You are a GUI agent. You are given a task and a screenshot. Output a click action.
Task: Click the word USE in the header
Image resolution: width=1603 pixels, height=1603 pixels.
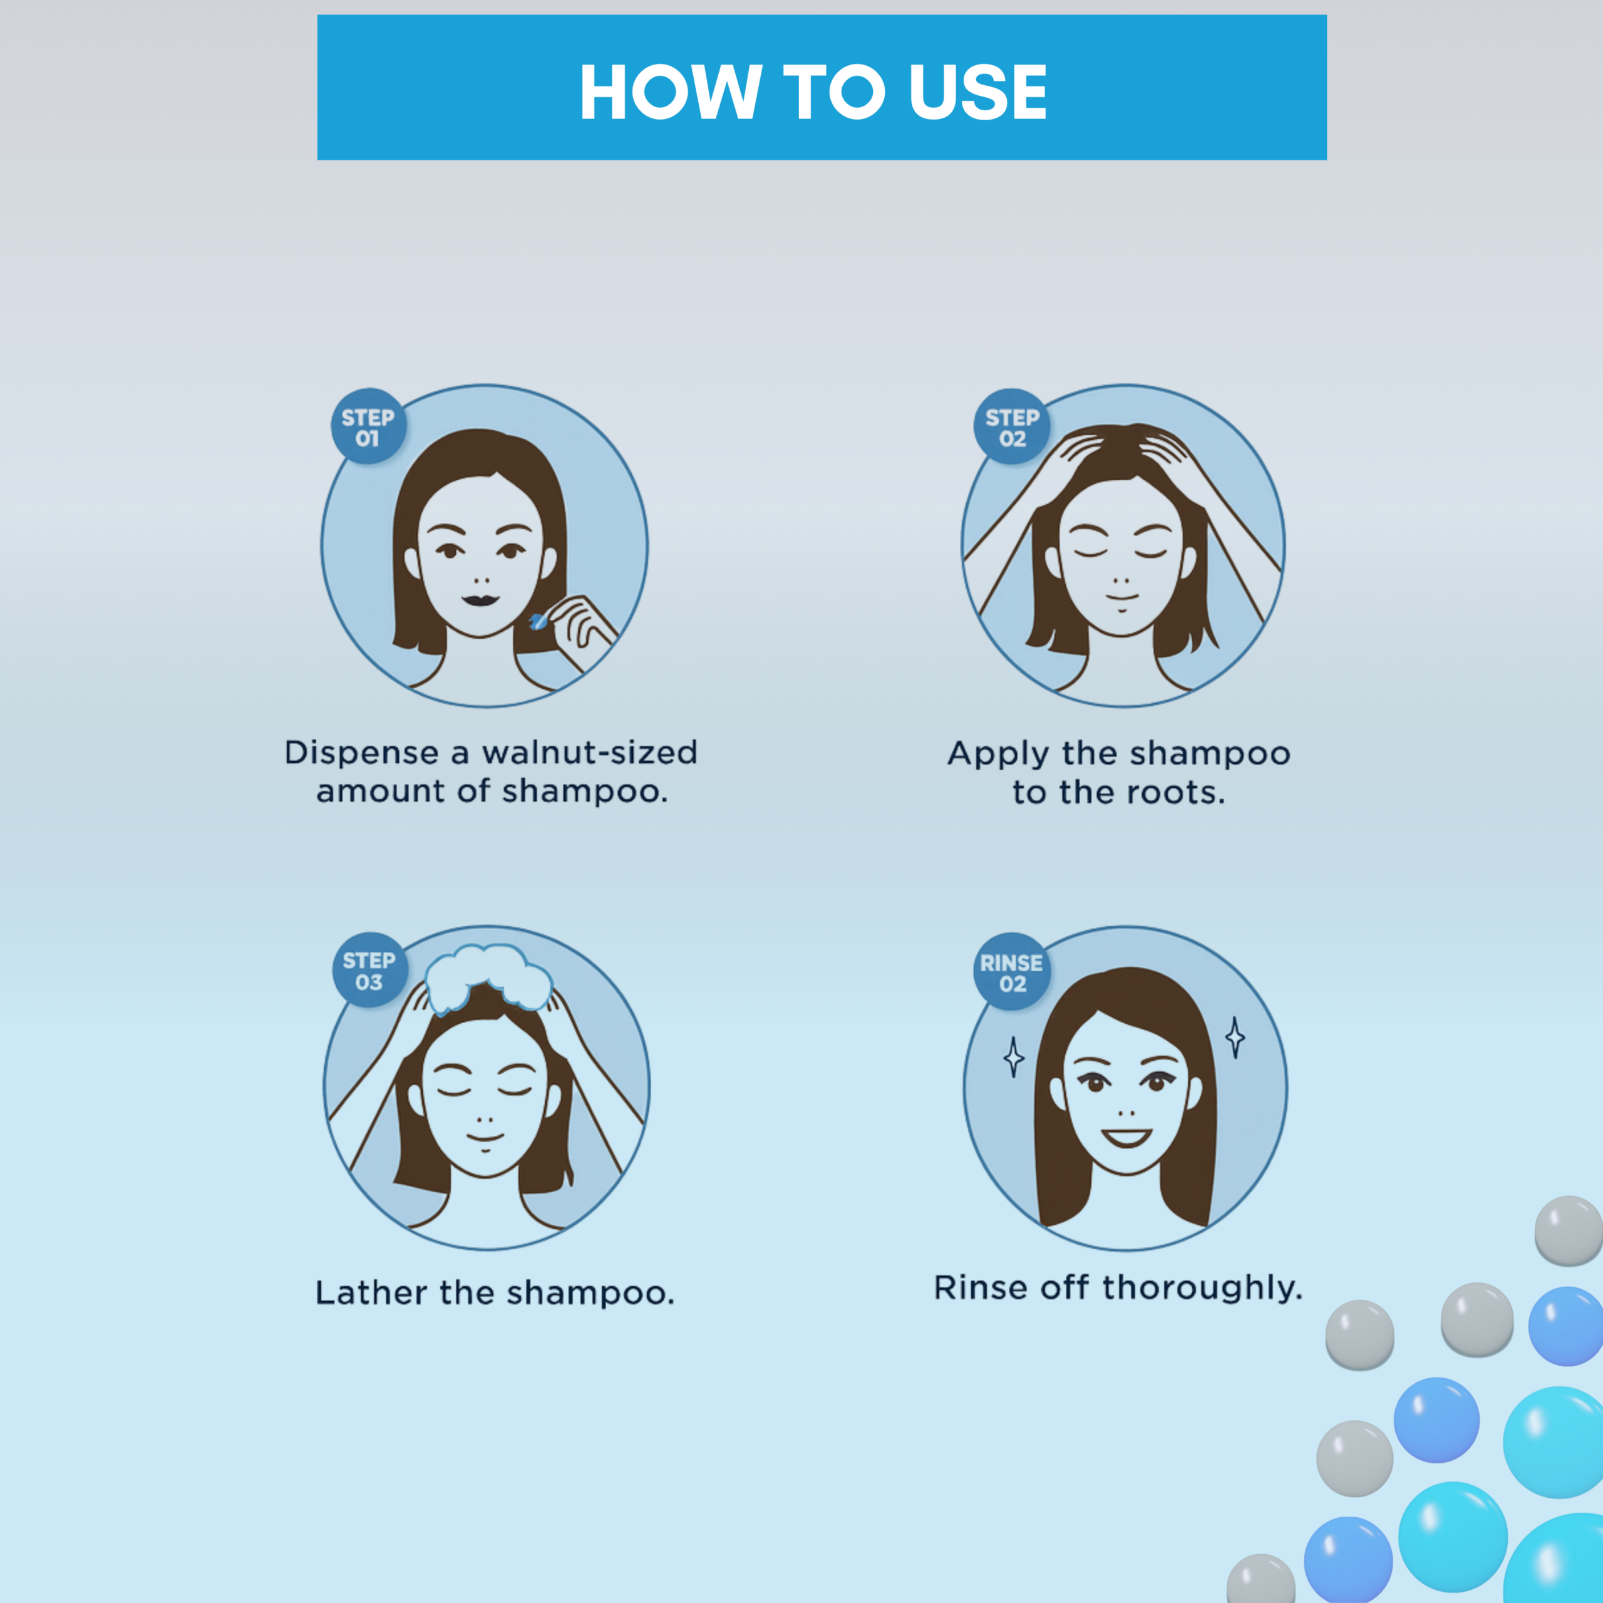977,92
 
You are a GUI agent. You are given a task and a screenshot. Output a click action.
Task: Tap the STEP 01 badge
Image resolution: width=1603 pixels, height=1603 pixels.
368,427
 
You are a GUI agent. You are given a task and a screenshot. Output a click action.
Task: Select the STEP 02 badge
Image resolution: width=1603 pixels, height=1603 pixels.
1011,427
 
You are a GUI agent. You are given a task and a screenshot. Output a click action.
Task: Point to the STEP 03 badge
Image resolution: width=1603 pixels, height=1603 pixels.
369,971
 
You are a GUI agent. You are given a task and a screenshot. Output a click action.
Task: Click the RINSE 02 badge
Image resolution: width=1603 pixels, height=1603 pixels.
1011,972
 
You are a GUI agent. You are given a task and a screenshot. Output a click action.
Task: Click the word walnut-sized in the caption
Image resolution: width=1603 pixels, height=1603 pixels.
590,753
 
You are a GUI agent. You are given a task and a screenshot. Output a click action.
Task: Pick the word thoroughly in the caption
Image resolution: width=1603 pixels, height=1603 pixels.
1202,1287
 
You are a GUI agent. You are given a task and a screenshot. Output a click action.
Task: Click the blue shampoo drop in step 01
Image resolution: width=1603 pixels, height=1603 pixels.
539,621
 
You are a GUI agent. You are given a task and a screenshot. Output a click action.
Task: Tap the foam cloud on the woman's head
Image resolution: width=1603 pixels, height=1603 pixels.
488,975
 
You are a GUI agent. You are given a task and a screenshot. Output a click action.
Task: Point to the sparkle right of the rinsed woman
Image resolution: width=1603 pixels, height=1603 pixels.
1235,1037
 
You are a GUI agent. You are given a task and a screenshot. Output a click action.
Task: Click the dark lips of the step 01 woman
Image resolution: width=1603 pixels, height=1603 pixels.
480,599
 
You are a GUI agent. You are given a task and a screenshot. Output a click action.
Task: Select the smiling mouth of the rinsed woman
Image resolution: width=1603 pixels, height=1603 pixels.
1126,1137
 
